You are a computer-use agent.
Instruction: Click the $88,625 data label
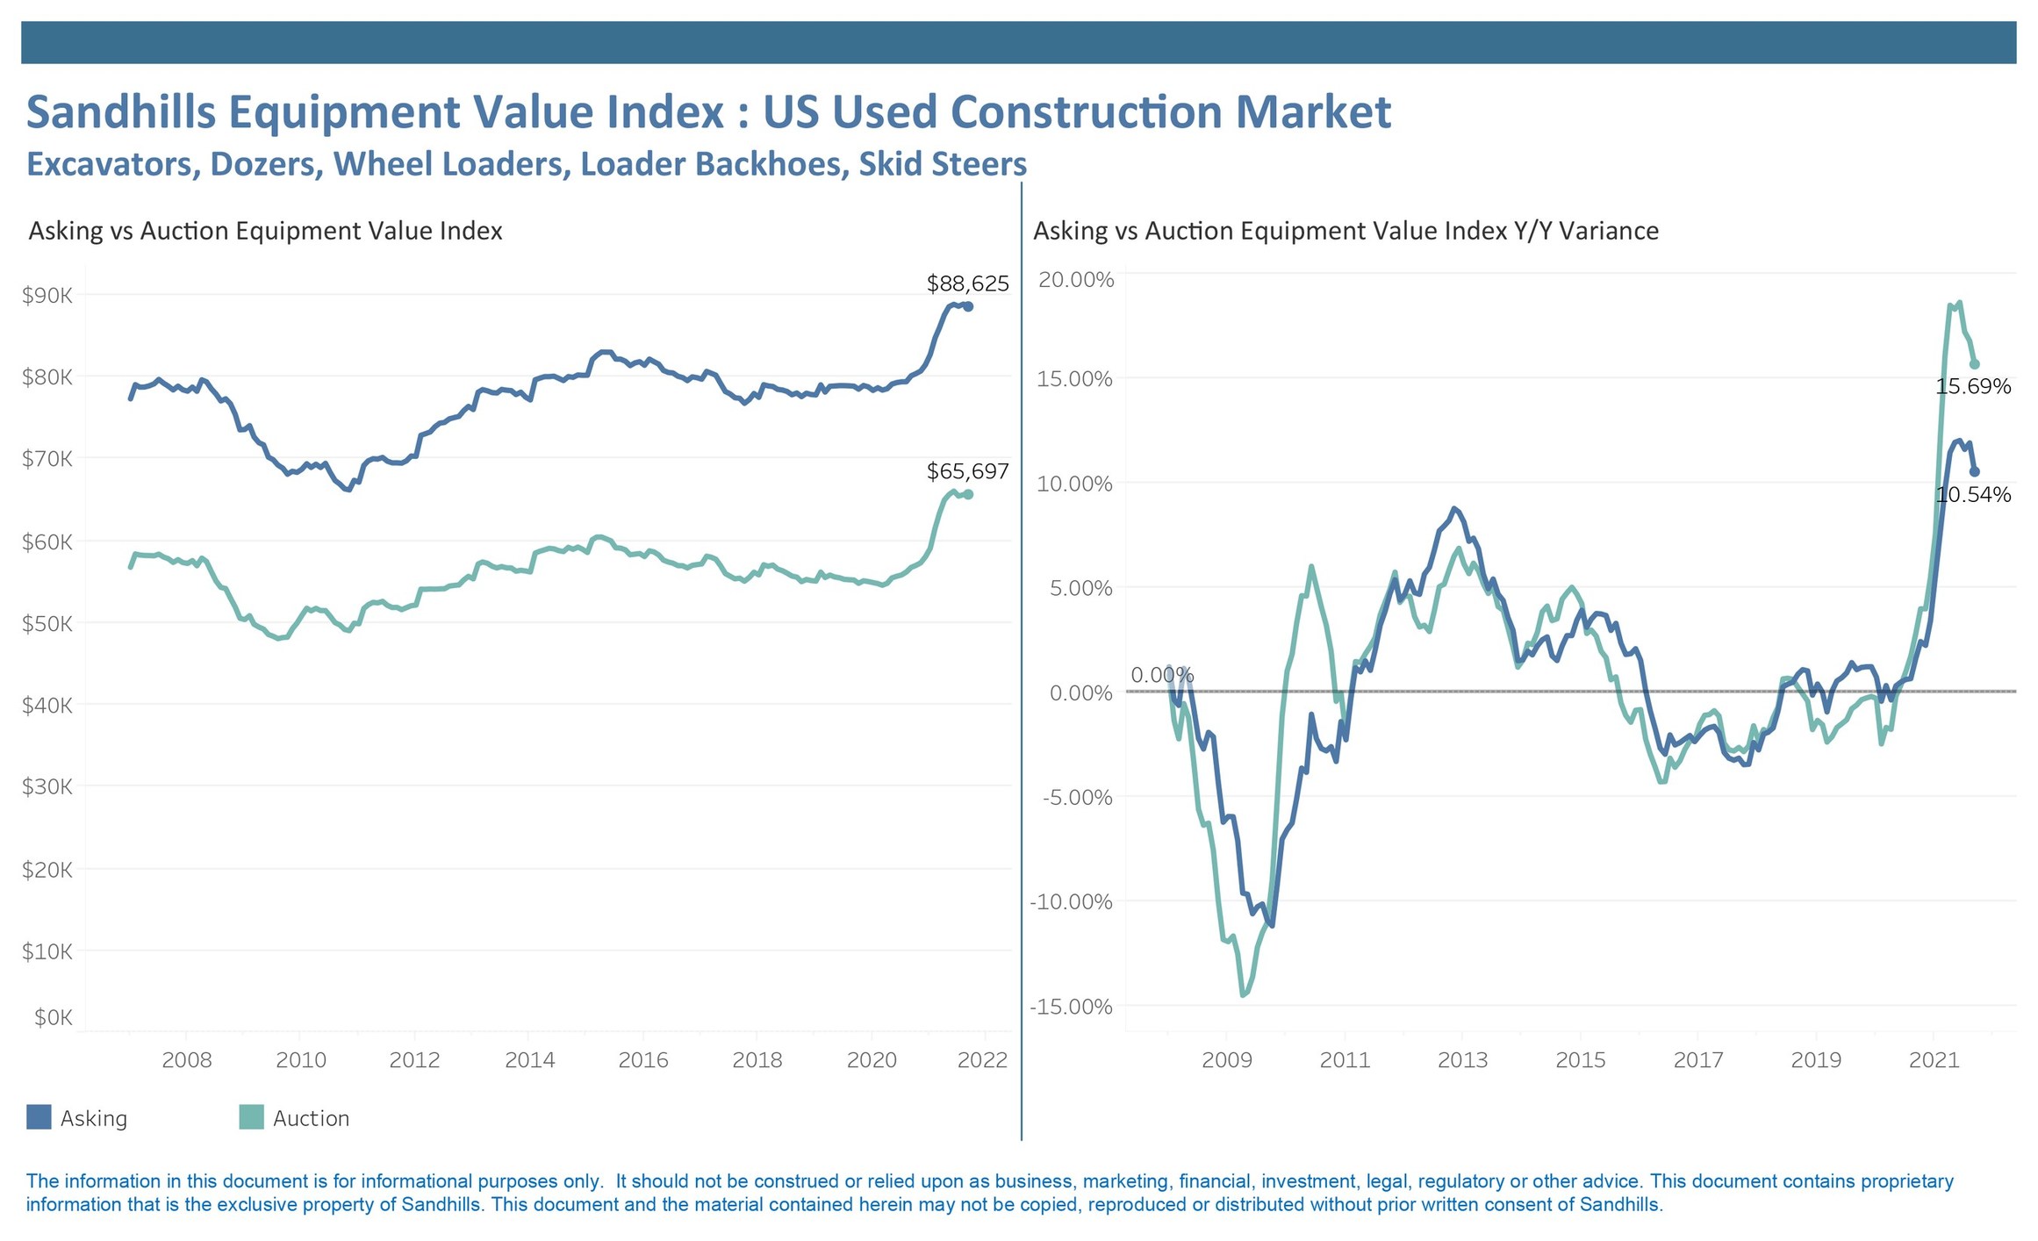[967, 283]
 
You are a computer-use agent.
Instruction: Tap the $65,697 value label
[967, 471]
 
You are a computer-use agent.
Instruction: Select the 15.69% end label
[1972, 386]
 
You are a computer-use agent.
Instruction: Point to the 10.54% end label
[1972, 494]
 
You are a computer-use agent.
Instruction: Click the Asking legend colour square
[39, 1116]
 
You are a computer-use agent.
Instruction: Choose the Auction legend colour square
[251, 1116]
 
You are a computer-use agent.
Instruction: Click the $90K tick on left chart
[47, 295]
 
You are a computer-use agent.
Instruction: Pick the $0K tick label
[53, 1017]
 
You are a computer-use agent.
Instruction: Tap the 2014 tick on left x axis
[529, 1059]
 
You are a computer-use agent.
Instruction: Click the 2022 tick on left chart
[982, 1059]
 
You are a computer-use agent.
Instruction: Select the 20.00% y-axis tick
[1076, 280]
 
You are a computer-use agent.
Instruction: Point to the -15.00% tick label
[1071, 1006]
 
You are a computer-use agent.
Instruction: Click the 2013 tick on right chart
[1462, 1059]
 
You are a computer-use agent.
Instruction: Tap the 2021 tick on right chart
[1934, 1059]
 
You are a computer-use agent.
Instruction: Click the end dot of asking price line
[968, 306]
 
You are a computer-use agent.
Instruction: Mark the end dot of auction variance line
[1975, 364]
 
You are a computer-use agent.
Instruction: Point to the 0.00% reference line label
[1161, 675]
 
